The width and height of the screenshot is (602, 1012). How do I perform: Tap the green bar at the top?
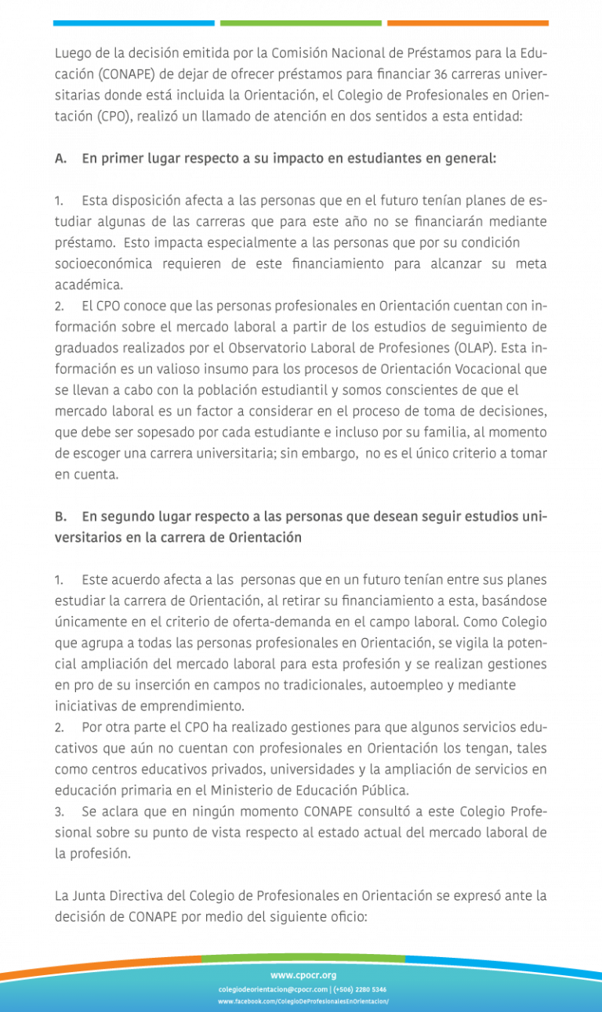pos(301,24)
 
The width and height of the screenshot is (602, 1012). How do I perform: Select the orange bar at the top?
pos(467,24)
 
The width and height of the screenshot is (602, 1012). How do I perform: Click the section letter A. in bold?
pos(60,158)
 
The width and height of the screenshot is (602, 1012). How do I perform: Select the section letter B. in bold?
pos(60,517)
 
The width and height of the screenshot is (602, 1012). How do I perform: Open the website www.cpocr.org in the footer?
pos(303,975)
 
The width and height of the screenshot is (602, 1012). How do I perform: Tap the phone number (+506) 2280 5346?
pos(360,989)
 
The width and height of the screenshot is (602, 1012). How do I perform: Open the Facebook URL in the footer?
pos(303,1002)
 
